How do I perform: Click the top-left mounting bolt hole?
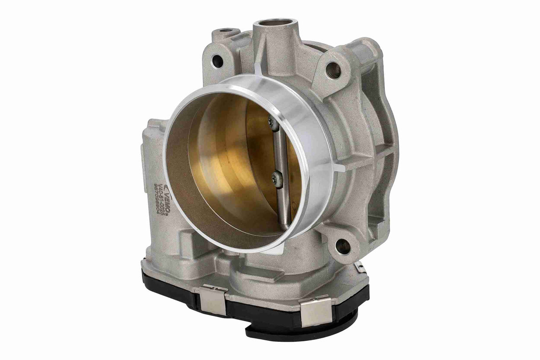(x=218, y=61)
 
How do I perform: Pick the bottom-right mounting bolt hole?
(x=342, y=246)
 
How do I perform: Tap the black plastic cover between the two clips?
(x=262, y=309)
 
